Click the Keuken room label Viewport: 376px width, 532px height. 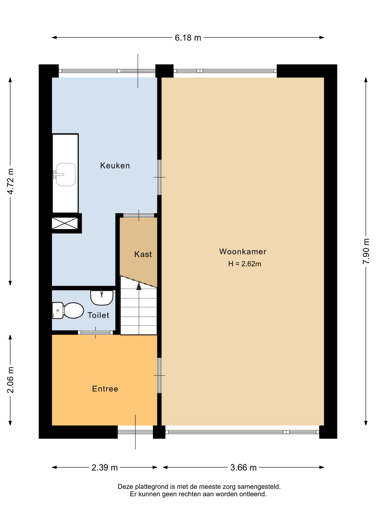click(x=115, y=165)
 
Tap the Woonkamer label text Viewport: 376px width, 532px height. click(x=243, y=252)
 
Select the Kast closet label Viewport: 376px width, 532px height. click(x=143, y=254)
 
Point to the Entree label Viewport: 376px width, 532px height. click(x=105, y=389)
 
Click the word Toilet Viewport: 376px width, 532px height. click(x=98, y=315)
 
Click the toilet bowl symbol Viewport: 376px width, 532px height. click(x=68, y=310)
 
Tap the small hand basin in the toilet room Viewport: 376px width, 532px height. click(x=102, y=298)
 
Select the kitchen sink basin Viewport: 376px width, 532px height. click(x=66, y=174)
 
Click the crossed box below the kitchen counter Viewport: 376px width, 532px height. click(x=65, y=223)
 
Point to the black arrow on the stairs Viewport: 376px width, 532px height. click(x=139, y=286)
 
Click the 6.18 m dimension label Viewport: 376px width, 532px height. click(x=188, y=38)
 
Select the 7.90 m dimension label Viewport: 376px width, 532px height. click(x=366, y=251)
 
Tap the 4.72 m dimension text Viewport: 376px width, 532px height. click(x=10, y=181)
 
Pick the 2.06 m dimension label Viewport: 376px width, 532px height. click(x=10, y=380)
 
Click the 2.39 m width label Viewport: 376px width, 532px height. click(x=105, y=467)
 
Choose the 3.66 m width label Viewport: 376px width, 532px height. click(x=243, y=467)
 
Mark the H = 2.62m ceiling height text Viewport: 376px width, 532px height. click(x=245, y=264)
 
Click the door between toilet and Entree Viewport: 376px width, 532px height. click(x=96, y=332)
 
